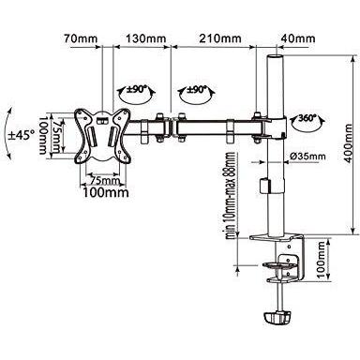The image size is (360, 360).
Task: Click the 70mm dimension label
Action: [x=80, y=40]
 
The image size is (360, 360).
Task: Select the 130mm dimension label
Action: [x=146, y=40]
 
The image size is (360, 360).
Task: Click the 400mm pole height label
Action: [x=349, y=142]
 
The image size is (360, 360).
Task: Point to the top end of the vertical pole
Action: [x=277, y=59]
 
